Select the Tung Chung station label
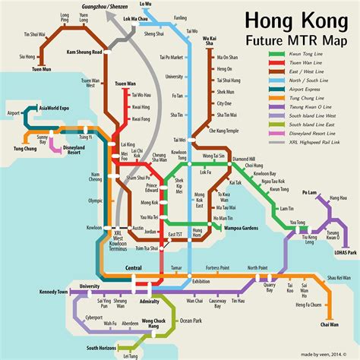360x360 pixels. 27,148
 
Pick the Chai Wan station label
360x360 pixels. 329,325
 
